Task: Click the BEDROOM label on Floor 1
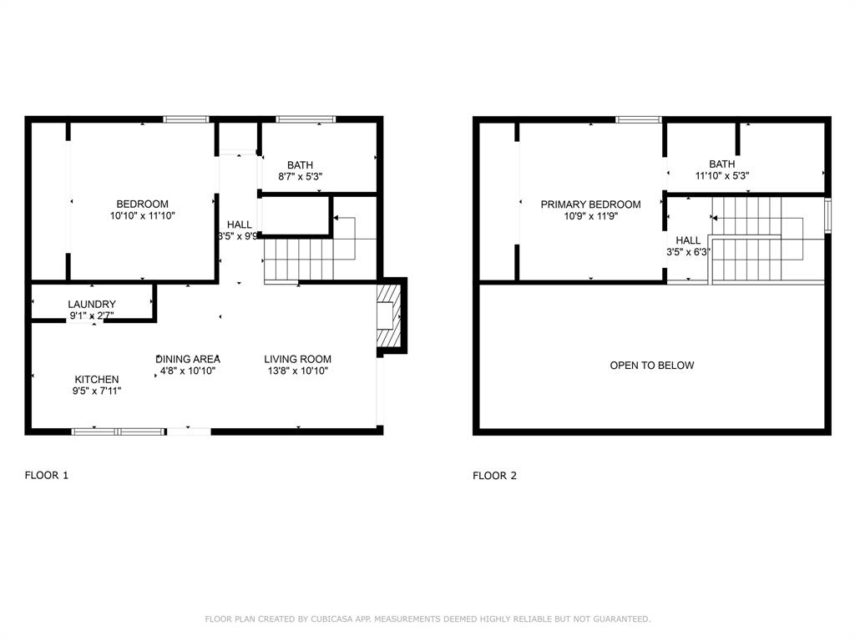pos(142,204)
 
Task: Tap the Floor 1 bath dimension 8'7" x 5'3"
pos(300,177)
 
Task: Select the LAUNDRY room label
pos(92,304)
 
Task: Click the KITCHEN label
pos(98,379)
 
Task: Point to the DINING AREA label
pos(188,359)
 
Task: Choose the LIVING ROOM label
pos(297,359)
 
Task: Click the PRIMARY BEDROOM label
pos(590,204)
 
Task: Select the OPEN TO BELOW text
pos(651,366)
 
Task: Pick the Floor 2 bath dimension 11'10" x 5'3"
pos(721,176)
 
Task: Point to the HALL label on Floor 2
pos(688,240)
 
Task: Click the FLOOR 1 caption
pos(47,476)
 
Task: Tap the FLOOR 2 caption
pos(494,476)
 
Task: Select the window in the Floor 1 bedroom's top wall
pos(186,119)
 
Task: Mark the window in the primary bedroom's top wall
pos(639,119)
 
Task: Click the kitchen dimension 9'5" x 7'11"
pos(98,390)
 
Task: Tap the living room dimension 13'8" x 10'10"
pos(297,371)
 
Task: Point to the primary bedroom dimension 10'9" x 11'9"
pos(590,215)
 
